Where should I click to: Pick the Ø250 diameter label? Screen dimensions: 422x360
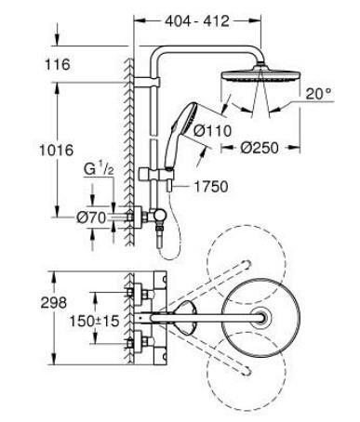pos(263,145)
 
